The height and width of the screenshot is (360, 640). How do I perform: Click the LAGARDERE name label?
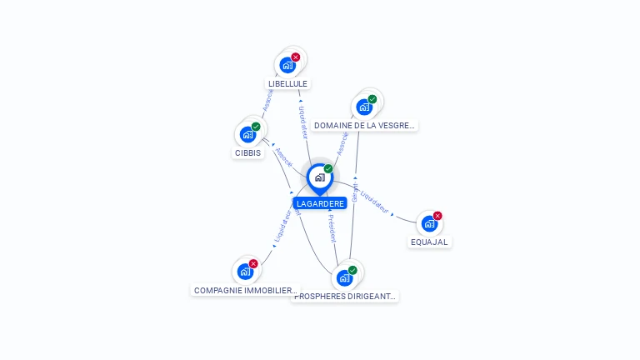320,203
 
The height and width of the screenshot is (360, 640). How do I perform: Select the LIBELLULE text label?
287,83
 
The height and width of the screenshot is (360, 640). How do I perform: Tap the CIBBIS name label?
247,152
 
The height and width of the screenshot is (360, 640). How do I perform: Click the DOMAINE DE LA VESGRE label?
364,126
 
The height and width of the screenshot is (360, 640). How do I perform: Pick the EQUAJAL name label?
429,242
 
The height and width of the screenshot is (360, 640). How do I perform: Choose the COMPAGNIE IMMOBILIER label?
244,291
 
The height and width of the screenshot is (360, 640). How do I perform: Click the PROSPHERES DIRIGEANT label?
345,296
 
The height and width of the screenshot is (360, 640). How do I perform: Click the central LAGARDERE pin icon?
319,177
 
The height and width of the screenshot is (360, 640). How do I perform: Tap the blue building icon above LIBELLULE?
287,65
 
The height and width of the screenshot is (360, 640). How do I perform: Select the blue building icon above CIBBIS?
247,134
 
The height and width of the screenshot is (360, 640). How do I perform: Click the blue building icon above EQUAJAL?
428,223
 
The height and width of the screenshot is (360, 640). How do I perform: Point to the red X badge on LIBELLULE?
296,57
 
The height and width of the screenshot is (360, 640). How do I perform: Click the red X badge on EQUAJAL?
437,216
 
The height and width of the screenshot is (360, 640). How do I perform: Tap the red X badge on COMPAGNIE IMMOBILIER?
253,263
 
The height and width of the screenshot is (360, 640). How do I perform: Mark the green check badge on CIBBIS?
256,127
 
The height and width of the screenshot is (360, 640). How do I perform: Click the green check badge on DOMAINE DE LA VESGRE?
372,99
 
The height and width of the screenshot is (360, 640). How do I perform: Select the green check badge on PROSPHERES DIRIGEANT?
352,270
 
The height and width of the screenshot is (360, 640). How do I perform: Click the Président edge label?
331,227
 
